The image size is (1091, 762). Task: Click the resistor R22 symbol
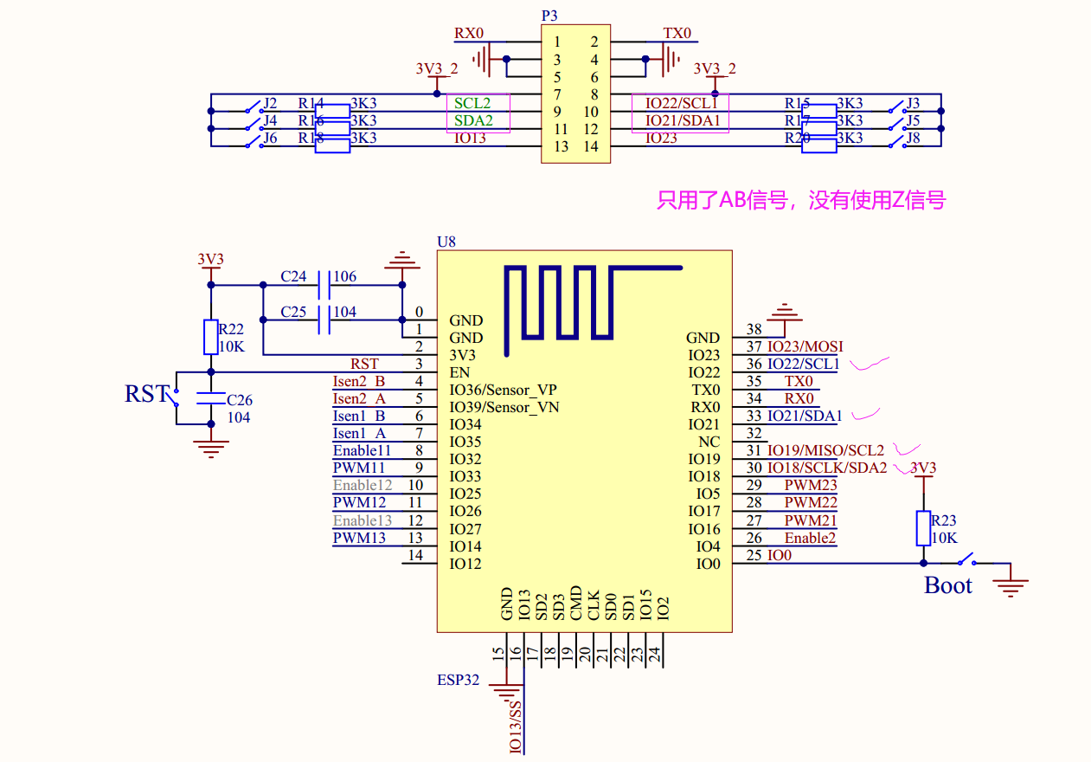click(210, 337)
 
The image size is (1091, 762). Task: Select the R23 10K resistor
click(924, 528)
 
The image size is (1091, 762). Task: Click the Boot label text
click(948, 585)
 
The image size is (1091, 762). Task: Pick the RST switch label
click(144, 394)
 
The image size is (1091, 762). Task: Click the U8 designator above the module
click(446, 242)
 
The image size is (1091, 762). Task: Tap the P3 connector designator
click(549, 16)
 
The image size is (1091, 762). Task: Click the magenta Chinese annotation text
click(801, 201)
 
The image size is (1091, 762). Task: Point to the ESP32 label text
click(458, 680)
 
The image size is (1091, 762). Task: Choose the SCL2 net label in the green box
click(472, 103)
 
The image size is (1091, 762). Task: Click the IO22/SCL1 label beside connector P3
click(683, 103)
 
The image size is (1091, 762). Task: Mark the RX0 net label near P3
click(469, 34)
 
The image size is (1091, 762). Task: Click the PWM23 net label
click(810, 485)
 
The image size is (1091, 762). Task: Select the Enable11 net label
click(362, 450)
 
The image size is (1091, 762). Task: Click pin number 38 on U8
click(754, 329)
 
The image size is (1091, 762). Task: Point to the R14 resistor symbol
click(332, 111)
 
